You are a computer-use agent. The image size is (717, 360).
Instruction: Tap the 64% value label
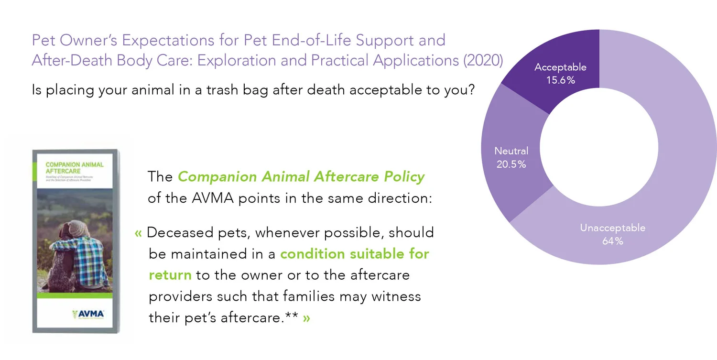pos(612,241)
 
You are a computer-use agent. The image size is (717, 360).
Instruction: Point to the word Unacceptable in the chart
pos(612,228)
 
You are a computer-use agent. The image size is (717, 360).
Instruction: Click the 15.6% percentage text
pos(560,80)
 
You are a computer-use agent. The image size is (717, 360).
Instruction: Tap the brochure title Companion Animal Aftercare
pos(74,168)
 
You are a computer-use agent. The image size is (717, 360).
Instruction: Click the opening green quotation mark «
pos(139,233)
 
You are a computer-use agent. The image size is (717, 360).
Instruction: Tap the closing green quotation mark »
pos(306,317)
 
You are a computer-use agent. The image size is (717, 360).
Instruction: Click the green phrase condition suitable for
pos(354,254)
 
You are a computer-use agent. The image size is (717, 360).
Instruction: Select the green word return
pos(170,275)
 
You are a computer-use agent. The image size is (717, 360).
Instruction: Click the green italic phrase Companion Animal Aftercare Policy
pos(301,177)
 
